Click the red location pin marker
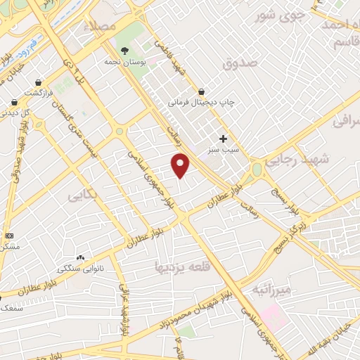pos(181,165)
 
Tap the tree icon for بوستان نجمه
pos(124,51)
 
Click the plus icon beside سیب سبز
pos(224,139)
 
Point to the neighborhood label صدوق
pos(236,64)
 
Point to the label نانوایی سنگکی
pos(79,269)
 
